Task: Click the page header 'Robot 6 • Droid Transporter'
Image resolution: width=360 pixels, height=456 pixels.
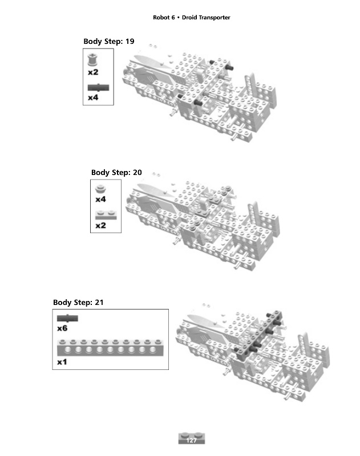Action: [x=192, y=18]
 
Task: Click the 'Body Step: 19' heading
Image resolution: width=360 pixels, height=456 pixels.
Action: [x=109, y=41]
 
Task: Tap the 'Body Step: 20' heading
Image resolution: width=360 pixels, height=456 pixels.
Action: [x=116, y=173]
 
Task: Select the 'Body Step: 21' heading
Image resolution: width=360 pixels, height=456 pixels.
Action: [x=78, y=303]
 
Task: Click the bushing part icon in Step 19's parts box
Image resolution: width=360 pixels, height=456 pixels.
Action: [x=92, y=60]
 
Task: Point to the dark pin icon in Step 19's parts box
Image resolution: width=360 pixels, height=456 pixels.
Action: [x=98, y=87]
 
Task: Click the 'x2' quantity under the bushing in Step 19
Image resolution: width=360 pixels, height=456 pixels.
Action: [x=93, y=72]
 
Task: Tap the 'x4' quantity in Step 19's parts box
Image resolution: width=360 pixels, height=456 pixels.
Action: [x=93, y=97]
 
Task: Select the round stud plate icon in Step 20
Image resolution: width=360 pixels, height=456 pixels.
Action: [x=100, y=189]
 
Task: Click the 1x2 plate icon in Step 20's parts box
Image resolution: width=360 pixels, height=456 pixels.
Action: [x=106, y=215]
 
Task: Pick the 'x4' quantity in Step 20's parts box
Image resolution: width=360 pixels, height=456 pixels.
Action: [x=100, y=199]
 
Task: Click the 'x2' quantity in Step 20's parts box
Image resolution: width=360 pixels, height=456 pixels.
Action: [x=100, y=225]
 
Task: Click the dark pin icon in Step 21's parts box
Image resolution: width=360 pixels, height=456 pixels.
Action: [x=67, y=318]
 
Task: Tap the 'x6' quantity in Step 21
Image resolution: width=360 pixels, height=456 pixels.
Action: [x=62, y=328]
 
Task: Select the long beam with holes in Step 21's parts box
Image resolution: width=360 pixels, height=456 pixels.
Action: [x=110, y=348]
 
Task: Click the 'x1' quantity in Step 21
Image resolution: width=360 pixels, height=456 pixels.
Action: [x=62, y=362]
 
